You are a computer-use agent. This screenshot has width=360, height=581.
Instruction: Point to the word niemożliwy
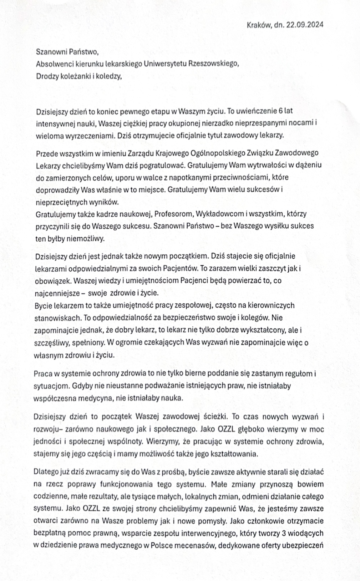[86, 239]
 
